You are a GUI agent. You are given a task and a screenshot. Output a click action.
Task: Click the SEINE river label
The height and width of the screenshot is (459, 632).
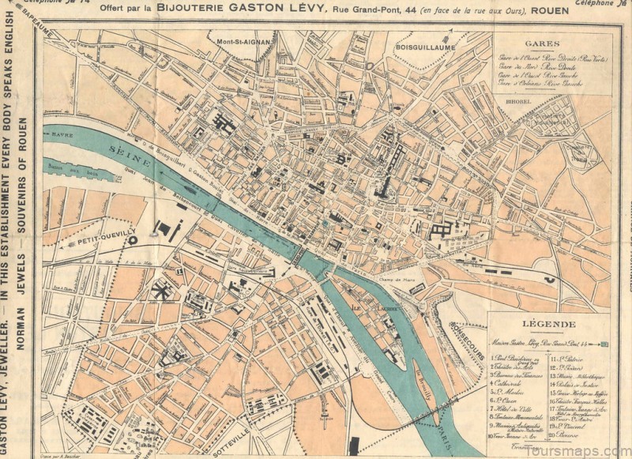click(127, 150)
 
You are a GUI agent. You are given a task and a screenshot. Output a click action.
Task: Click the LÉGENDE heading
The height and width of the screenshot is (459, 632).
click(547, 325)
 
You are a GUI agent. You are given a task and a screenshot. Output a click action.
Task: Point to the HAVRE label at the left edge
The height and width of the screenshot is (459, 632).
click(62, 135)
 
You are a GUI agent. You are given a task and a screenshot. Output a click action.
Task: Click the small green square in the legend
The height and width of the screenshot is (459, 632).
click(605, 344)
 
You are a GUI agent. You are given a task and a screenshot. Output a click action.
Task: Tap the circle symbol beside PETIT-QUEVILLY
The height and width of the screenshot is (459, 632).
click(133, 239)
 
